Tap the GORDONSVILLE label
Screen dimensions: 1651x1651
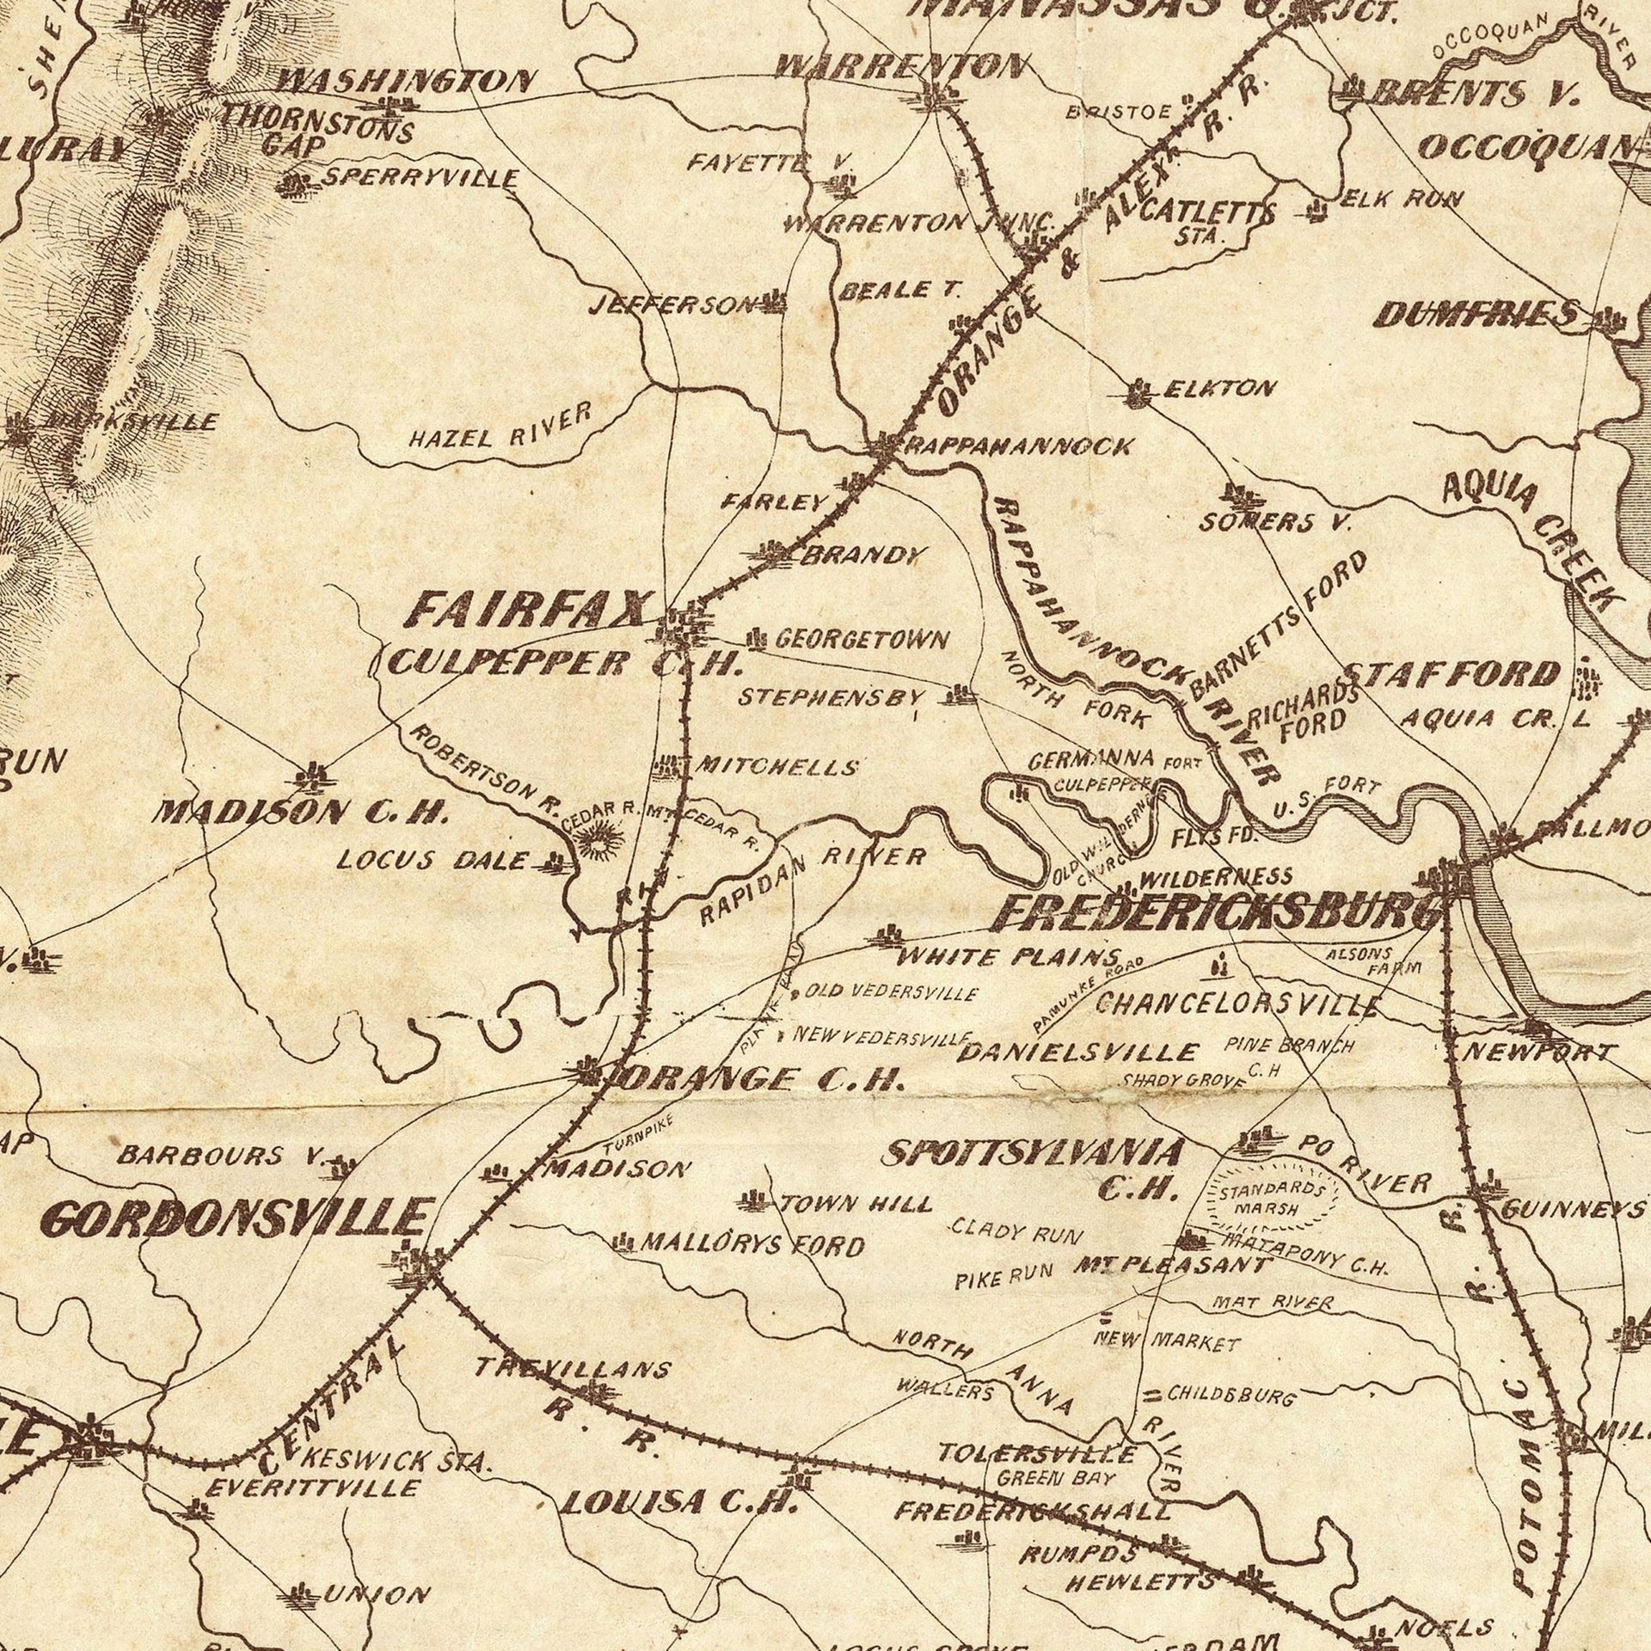[235, 1219]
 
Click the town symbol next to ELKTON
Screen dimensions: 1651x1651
[1140, 394]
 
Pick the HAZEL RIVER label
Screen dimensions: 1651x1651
[501, 427]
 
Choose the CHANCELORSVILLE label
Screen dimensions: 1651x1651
[1238, 1003]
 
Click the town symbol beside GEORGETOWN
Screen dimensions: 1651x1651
[757, 639]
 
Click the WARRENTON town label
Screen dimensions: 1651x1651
[901, 65]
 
